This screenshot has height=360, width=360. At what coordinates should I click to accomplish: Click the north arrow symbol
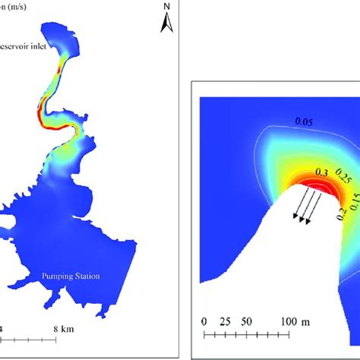coord(168,26)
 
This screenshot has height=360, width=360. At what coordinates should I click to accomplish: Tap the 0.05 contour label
coord(284,120)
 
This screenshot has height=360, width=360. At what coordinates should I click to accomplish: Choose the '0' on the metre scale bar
coord(204,322)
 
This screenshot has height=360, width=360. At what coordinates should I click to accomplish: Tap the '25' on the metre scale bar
coord(224,322)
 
